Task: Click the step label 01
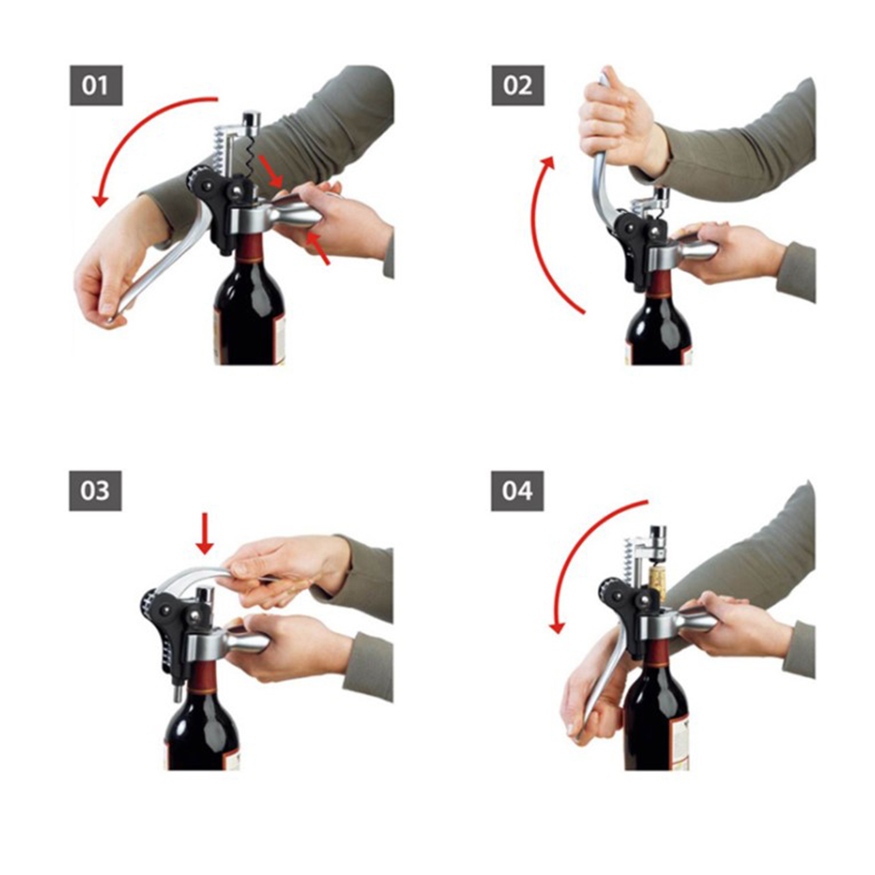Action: click(x=96, y=86)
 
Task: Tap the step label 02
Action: click(x=517, y=86)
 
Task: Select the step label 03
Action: click(x=95, y=491)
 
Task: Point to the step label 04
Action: click(x=517, y=491)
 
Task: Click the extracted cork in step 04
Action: click(x=658, y=583)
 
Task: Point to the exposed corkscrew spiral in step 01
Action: click(x=251, y=157)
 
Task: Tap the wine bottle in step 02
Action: click(x=658, y=318)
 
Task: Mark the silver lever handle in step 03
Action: click(x=196, y=575)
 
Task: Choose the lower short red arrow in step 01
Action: click(x=317, y=248)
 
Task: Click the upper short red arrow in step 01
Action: click(x=272, y=171)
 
